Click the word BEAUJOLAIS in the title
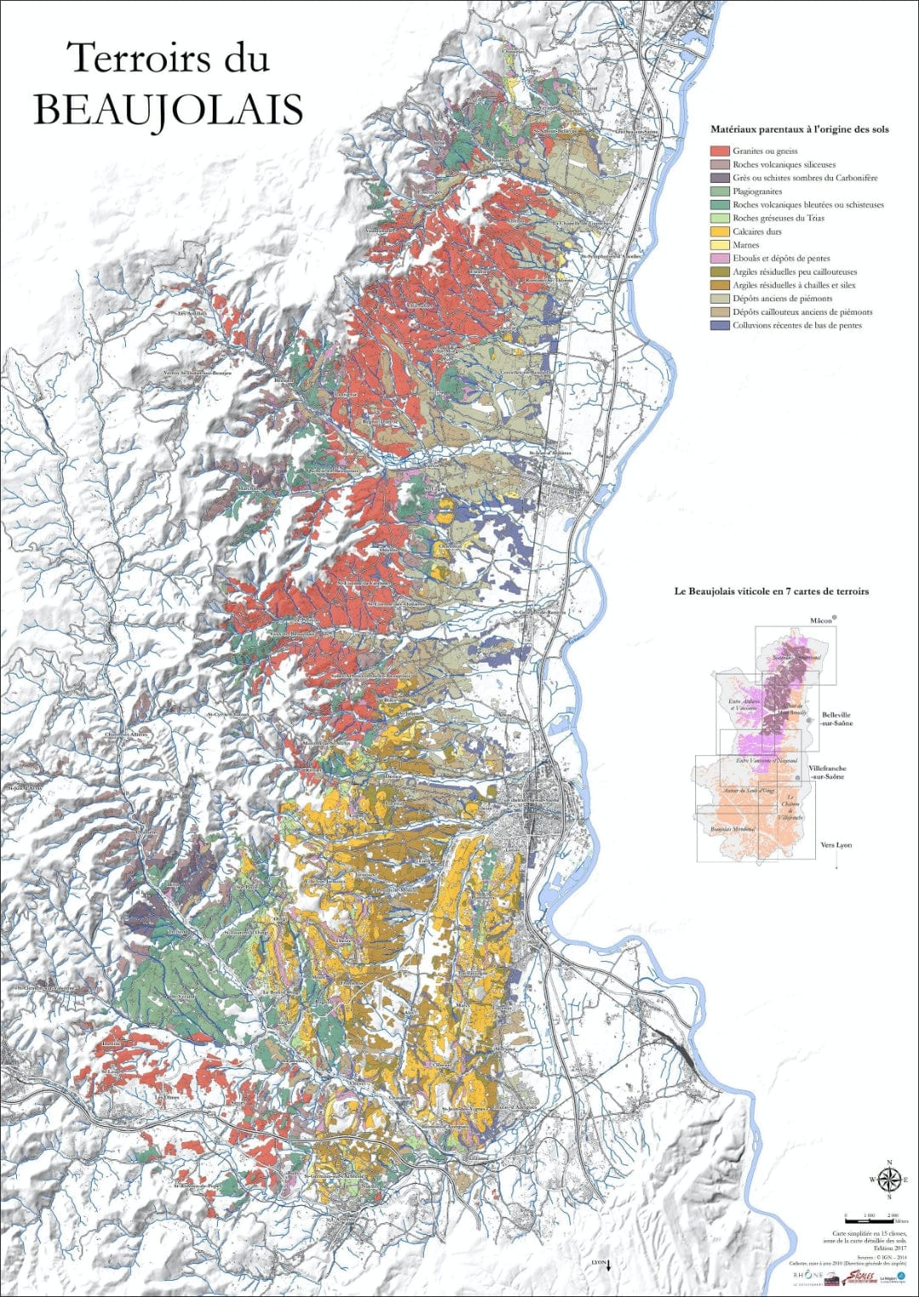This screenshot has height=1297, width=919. [x=168, y=109]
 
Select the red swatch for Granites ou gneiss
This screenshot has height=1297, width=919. [x=720, y=151]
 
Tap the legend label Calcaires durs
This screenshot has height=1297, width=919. [x=756, y=231]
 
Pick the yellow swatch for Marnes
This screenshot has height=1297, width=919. [x=720, y=245]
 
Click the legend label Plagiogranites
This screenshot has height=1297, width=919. [x=756, y=191]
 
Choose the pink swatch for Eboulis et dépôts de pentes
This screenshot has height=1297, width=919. [x=720, y=259]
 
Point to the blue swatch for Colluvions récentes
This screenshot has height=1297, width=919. [x=720, y=326]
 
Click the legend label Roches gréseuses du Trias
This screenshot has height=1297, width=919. [x=778, y=219]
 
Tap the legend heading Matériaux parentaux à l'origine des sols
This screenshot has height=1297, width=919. [x=799, y=129]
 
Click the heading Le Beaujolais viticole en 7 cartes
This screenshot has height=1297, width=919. [x=771, y=591]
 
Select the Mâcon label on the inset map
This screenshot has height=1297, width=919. [x=820, y=621]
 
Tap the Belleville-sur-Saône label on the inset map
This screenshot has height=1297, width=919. [x=836, y=720]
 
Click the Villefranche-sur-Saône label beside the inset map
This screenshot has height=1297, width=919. [x=827, y=772]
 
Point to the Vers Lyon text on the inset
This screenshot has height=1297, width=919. [x=836, y=845]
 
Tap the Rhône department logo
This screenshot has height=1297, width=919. [x=808, y=1277]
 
